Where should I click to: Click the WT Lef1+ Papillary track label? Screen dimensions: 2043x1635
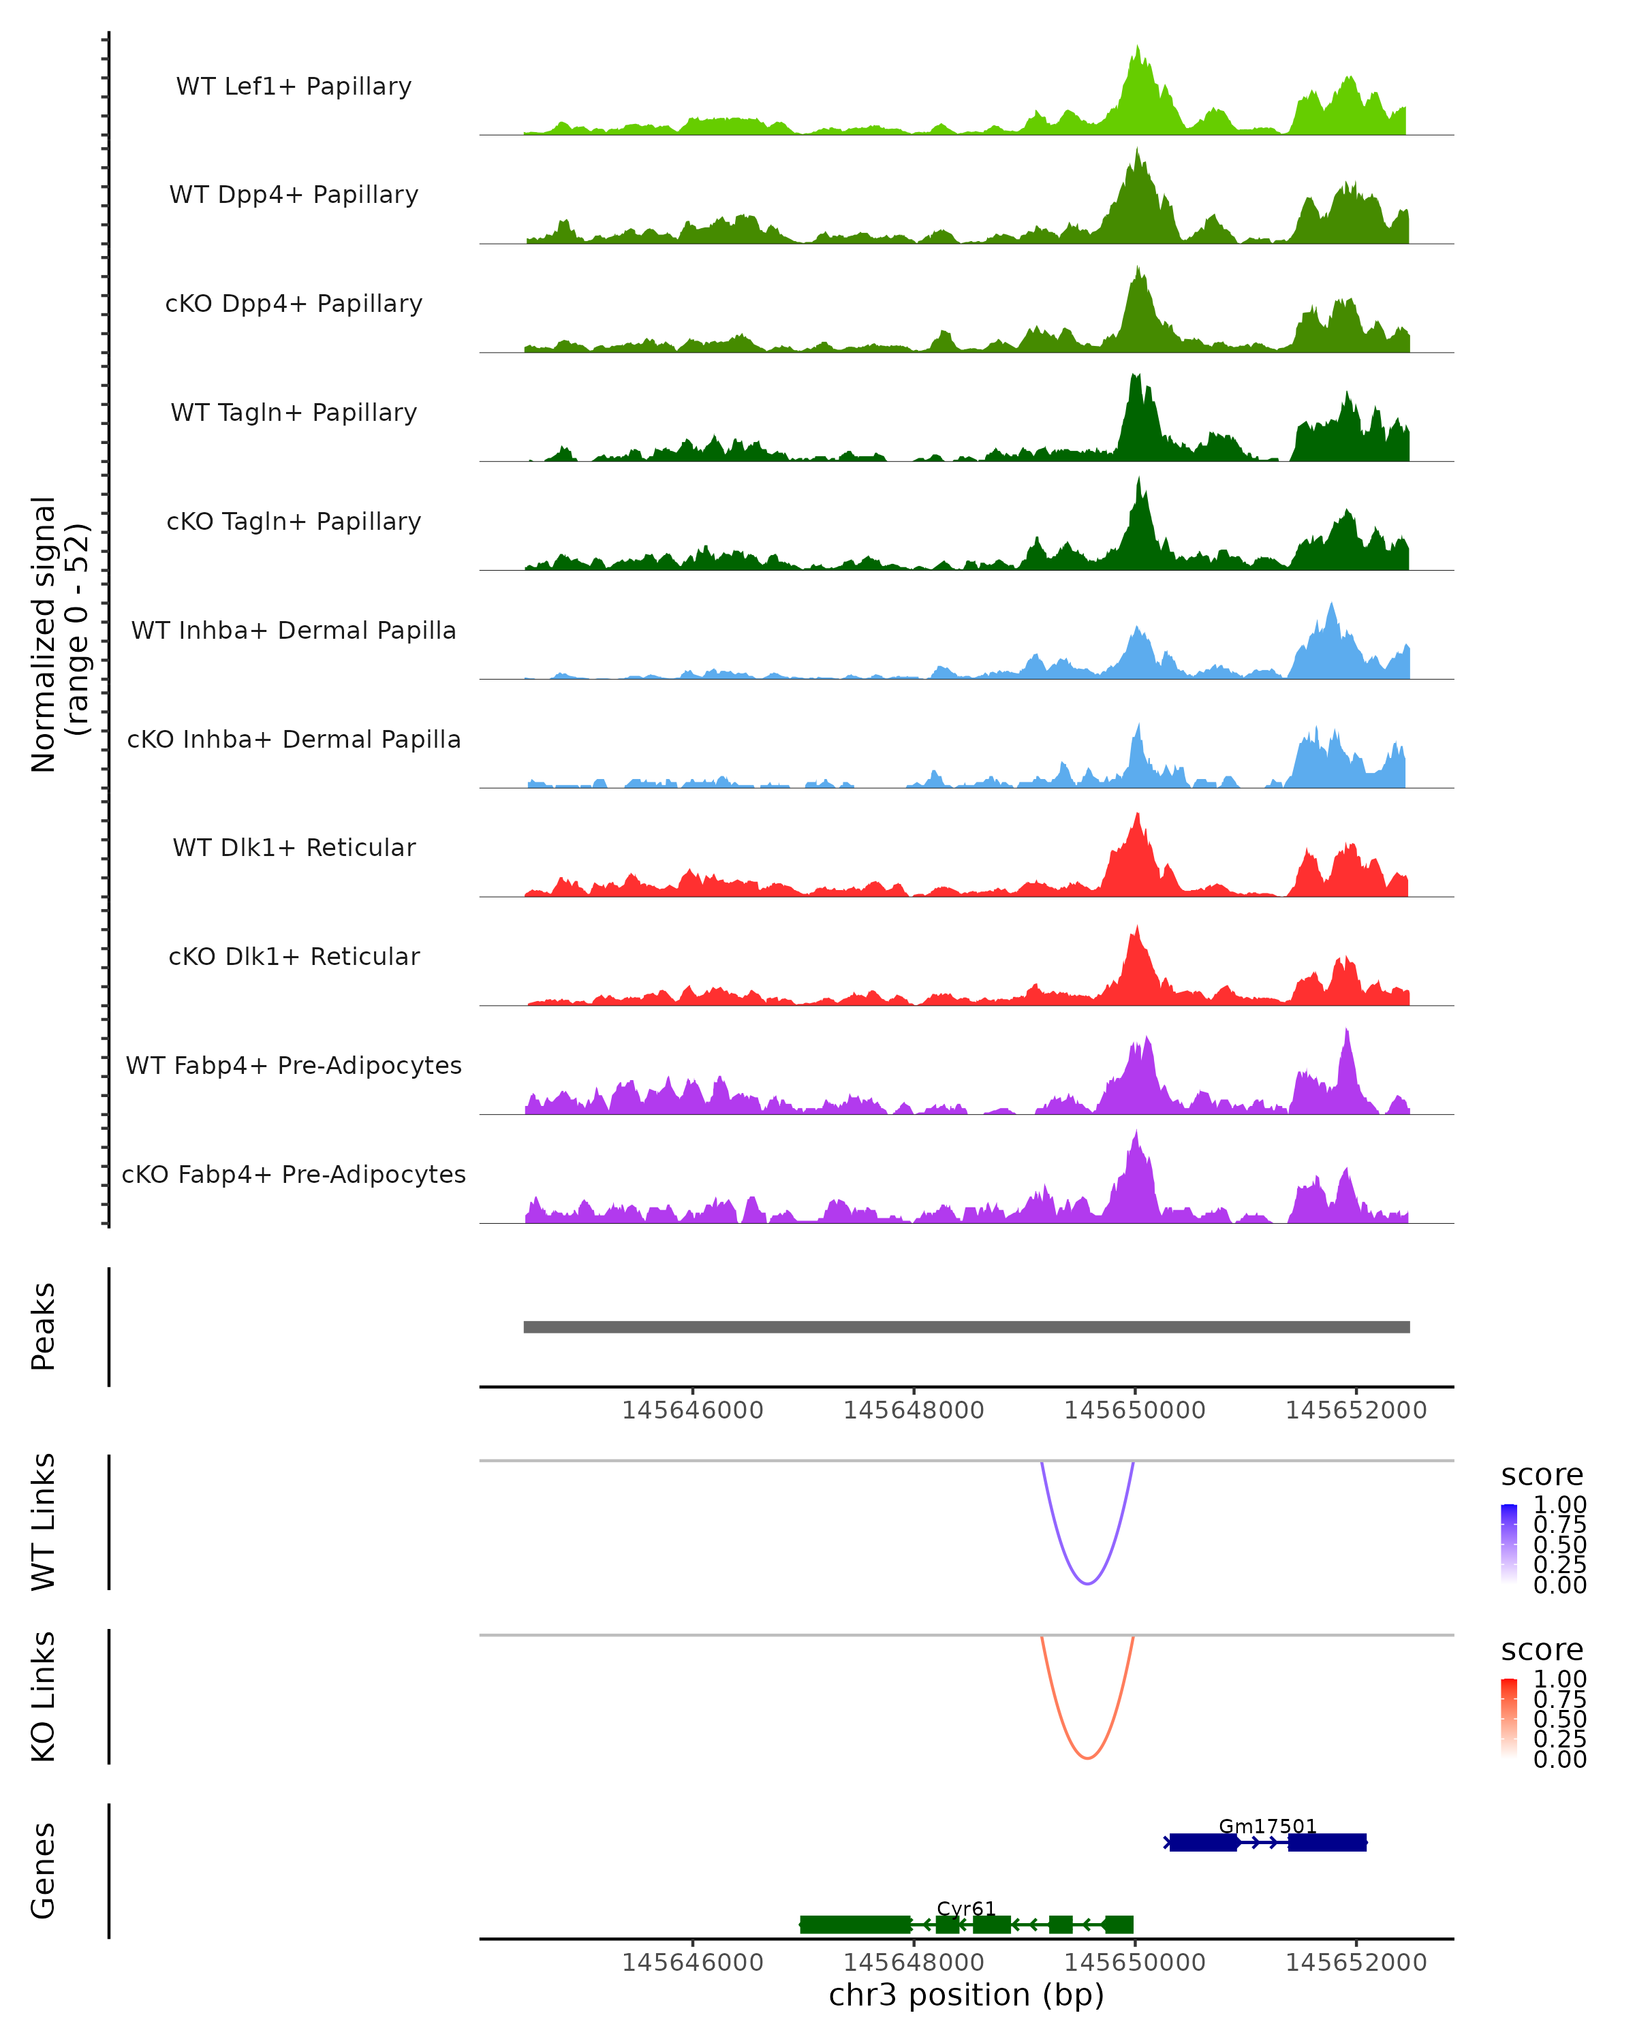pyautogui.click(x=294, y=86)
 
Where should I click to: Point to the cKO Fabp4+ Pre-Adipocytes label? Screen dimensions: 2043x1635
pyautogui.click(x=294, y=1174)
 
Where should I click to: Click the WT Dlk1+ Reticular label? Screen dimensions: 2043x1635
pyautogui.click(x=294, y=847)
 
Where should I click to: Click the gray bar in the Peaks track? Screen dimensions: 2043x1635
pyautogui.click(x=966, y=1327)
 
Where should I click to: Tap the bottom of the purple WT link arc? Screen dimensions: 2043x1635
pyautogui.click(x=1087, y=1583)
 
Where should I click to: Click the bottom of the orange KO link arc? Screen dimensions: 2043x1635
pyautogui.click(x=1087, y=1758)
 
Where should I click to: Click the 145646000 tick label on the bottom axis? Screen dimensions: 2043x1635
pyautogui.click(x=692, y=1963)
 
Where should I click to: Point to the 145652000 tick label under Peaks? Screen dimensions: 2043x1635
pyautogui.click(x=1356, y=1410)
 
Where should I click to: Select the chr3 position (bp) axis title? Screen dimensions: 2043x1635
pyautogui.click(x=966, y=1995)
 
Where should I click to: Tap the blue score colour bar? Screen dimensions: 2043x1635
pyautogui.click(x=1509, y=1544)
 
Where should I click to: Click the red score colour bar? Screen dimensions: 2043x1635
pyautogui.click(x=1509, y=1718)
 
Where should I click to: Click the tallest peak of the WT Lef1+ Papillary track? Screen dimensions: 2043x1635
pyautogui.click(x=1138, y=48)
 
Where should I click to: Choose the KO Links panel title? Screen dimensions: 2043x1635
pyautogui.click(x=44, y=1696)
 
